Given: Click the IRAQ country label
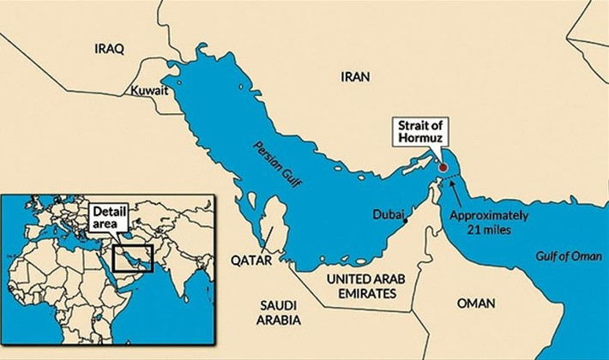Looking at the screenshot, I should click(x=109, y=49).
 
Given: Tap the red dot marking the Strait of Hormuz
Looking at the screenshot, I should click(x=443, y=168).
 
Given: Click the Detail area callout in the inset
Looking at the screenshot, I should click(x=110, y=216).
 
